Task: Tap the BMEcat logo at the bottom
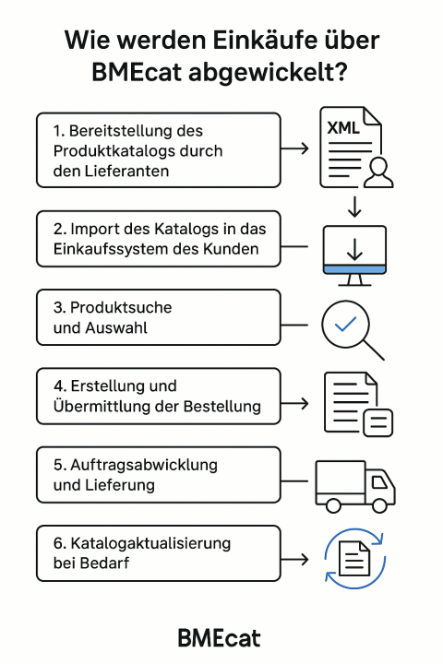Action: click(x=221, y=638)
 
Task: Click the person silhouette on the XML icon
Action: click(x=377, y=171)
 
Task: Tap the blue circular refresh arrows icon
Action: click(x=355, y=559)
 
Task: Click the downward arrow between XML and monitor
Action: click(x=355, y=205)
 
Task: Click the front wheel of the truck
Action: click(x=378, y=505)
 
